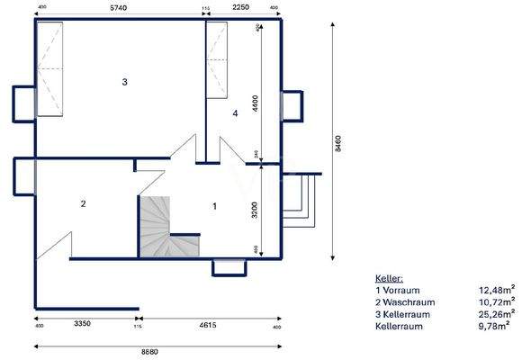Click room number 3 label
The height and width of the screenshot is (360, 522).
tap(125, 82)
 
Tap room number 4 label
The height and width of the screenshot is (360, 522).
tap(235, 113)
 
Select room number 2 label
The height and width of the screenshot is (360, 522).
tap(83, 203)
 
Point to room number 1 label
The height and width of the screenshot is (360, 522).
tap(214, 206)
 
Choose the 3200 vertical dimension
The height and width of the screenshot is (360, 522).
tap(256, 209)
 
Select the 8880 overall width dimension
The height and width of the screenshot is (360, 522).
tap(157, 350)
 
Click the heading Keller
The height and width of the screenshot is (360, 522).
tap(390, 280)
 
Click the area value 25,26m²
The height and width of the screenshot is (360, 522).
tap(496, 314)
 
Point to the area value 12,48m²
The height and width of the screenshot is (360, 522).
tap(496, 291)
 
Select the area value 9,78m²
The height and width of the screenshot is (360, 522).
tap(498, 326)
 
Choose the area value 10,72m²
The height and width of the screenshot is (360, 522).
tap(496, 302)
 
